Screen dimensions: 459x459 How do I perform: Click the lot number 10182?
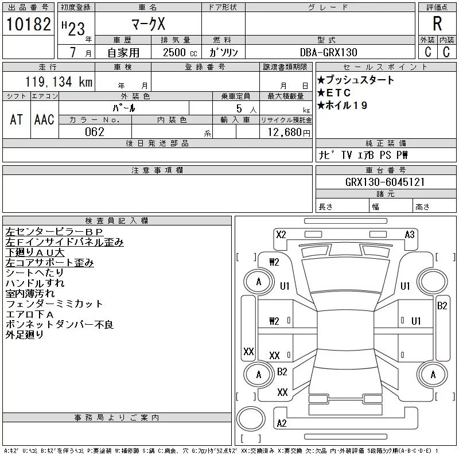tap(29, 25)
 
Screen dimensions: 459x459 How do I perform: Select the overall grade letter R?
tap(437, 24)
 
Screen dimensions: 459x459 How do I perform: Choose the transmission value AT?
tap(17, 119)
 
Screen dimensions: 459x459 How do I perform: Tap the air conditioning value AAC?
tap(44, 119)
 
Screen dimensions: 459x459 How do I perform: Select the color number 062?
tap(95, 132)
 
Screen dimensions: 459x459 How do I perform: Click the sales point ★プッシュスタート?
tap(356, 80)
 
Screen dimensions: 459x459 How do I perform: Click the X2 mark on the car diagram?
tap(281, 234)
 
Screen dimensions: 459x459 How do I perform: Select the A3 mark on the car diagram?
tap(410, 234)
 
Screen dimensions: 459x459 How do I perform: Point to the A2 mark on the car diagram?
tap(282, 423)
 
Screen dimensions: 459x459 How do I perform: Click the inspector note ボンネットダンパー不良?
tap(60, 325)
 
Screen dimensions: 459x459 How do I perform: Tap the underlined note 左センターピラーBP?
tap(55, 232)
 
